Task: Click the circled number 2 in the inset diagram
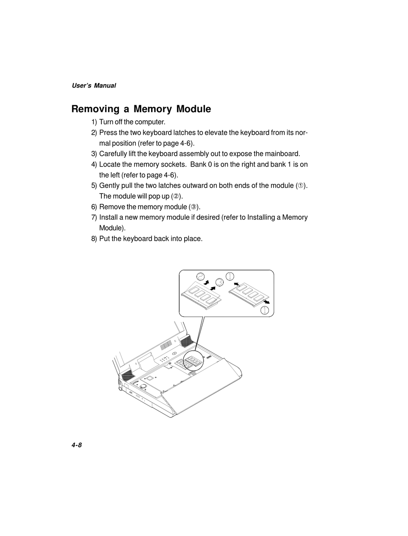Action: click(x=200, y=277)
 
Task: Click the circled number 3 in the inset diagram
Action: click(x=219, y=282)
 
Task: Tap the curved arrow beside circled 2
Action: click(x=207, y=282)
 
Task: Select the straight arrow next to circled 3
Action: click(x=213, y=287)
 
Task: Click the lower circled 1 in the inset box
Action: click(x=265, y=310)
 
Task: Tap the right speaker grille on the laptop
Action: click(x=186, y=342)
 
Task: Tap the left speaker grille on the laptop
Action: click(x=128, y=376)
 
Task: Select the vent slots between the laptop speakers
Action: click(x=166, y=345)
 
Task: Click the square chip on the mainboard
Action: click(x=149, y=378)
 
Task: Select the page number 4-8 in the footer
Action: click(x=76, y=445)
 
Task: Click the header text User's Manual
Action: click(x=94, y=85)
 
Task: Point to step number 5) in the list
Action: click(x=94, y=185)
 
